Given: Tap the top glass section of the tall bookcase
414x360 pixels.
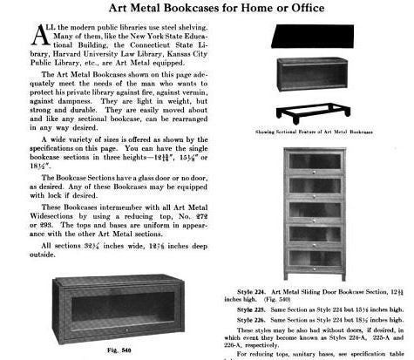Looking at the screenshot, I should coord(321,163).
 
